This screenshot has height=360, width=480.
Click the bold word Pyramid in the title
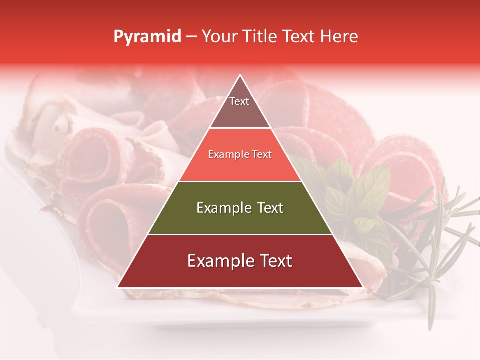(147, 37)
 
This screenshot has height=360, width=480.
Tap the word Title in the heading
(259, 37)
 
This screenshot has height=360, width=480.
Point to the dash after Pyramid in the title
(191, 37)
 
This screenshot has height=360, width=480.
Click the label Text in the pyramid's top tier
(239, 101)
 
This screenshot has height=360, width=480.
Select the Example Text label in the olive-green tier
(240, 208)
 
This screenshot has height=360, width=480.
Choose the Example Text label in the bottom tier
(240, 261)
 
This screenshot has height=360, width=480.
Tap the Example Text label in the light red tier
(240, 154)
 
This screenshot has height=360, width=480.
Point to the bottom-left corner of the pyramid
(118, 287)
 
